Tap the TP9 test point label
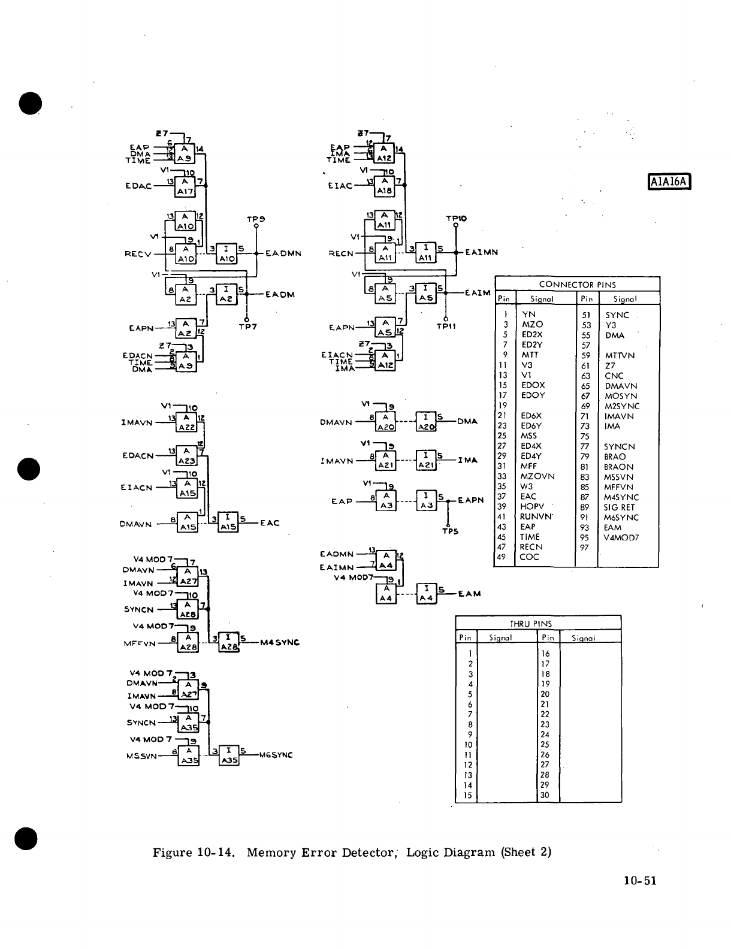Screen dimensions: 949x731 click(x=256, y=219)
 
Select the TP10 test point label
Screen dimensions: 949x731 click(x=456, y=219)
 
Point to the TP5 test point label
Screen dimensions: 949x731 click(x=450, y=531)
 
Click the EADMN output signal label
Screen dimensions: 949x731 click(x=283, y=253)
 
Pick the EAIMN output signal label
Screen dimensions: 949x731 click(x=482, y=253)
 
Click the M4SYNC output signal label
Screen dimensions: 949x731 click(x=280, y=643)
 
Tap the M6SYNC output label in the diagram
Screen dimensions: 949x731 click(x=276, y=755)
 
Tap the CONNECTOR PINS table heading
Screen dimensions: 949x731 click(x=577, y=285)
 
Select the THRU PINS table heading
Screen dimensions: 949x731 click(x=539, y=623)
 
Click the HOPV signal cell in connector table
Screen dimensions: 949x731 click(x=532, y=507)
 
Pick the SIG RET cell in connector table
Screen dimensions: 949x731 click(x=619, y=507)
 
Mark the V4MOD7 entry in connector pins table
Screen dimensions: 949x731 click(x=622, y=537)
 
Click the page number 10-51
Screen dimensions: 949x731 click(x=640, y=880)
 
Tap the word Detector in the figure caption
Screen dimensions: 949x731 click(x=364, y=852)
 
